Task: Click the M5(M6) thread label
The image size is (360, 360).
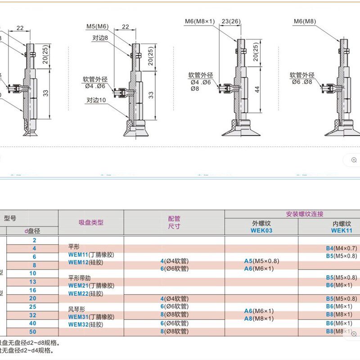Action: (98, 27)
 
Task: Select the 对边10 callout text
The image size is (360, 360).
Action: (96, 101)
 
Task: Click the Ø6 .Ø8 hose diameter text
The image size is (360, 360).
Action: (301, 82)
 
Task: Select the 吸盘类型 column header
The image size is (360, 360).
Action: (91, 222)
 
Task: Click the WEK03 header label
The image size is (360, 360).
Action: (261, 230)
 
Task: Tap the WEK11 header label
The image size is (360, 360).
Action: (341, 230)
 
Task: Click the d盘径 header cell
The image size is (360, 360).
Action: (32, 231)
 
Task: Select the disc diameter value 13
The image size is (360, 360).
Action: (32, 282)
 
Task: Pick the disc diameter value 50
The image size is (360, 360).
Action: (32, 332)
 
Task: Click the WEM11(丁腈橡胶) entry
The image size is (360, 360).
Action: (91, 255)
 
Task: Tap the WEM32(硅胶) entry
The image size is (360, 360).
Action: (85, 324)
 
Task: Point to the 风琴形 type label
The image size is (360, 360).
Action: (76, 309)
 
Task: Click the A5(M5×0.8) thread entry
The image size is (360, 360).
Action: (261, 261)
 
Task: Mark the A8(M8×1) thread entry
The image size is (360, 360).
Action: (259, 319)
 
